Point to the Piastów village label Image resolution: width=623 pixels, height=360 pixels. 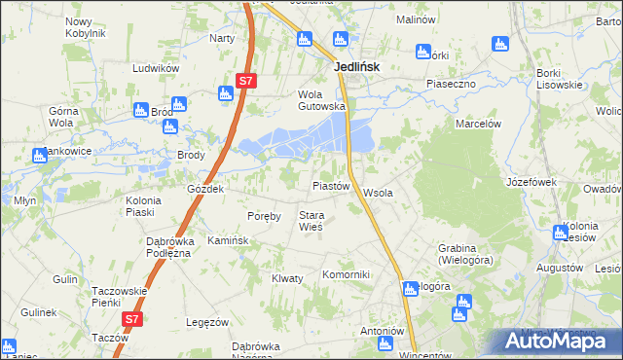(330, 185)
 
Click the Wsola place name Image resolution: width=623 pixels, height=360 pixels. (378, 193)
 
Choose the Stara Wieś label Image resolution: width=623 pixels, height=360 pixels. (311, 221)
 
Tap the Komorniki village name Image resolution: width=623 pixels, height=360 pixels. (347, 274)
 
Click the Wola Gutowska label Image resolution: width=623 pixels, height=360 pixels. (321, 100)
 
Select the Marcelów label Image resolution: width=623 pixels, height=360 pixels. (478, 124)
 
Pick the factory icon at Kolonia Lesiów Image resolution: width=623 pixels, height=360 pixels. (560, 233)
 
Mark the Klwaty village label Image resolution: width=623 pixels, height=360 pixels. (288, 278)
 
